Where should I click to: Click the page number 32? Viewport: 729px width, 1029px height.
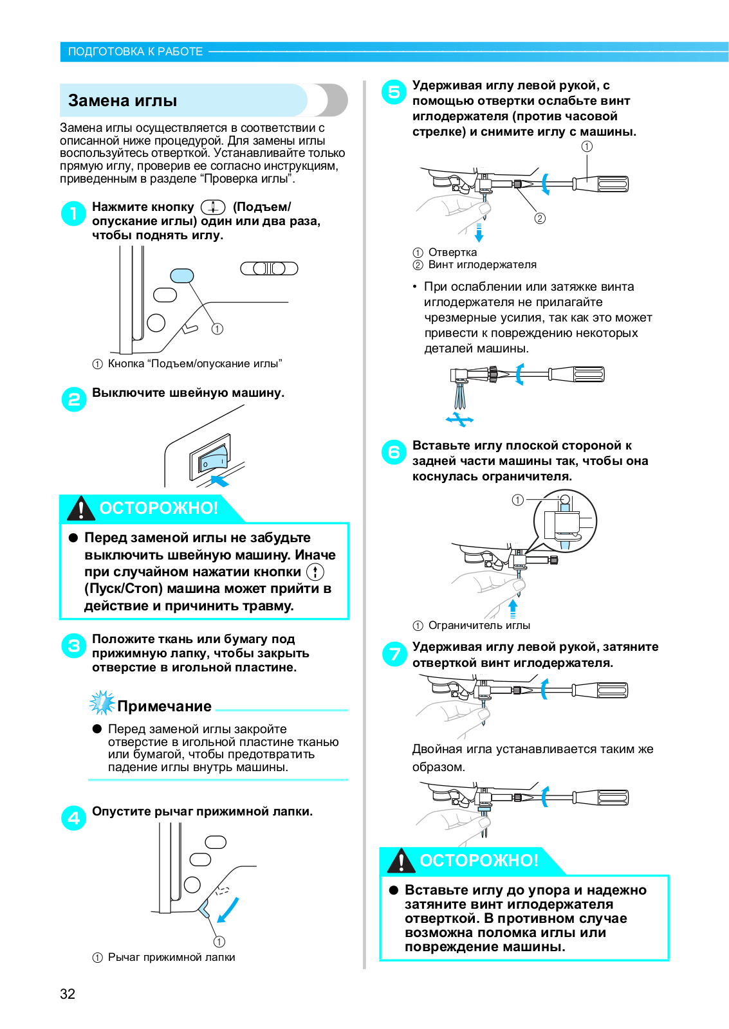(x=68, y=994)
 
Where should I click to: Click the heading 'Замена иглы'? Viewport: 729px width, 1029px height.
(x=122, y=101)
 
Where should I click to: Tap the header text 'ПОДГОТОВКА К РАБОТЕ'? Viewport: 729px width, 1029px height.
(x=135, y=51)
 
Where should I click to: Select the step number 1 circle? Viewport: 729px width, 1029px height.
(x=73, y=214)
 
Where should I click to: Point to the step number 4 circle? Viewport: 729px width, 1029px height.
(x=73, y=818)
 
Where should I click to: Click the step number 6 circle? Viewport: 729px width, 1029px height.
(x=394, y=452)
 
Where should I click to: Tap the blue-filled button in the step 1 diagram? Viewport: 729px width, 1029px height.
(x=181, y=275)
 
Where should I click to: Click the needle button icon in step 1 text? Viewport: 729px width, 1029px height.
(x=213, y=207)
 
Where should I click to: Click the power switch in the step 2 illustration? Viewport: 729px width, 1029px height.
(x=210, y=459)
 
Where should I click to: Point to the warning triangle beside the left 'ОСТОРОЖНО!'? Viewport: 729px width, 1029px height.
(x=81, y=508)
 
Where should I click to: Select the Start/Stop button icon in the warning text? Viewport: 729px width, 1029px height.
(x=315, y=572)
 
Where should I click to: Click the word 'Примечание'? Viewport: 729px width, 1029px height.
(x=164, y=706)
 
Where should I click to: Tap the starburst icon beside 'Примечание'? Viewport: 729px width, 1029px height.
(x=102, y=703)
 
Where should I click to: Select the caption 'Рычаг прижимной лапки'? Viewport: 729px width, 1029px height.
(x=171, y=957)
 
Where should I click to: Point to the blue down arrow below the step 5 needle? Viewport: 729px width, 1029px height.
(x=479, y=232)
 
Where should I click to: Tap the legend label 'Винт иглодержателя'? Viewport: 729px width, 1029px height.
(x=482, y=264)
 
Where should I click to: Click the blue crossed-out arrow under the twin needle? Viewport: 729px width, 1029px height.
(x=459, y=420)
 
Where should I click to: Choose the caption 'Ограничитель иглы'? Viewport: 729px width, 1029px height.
(x=479, y=625)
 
